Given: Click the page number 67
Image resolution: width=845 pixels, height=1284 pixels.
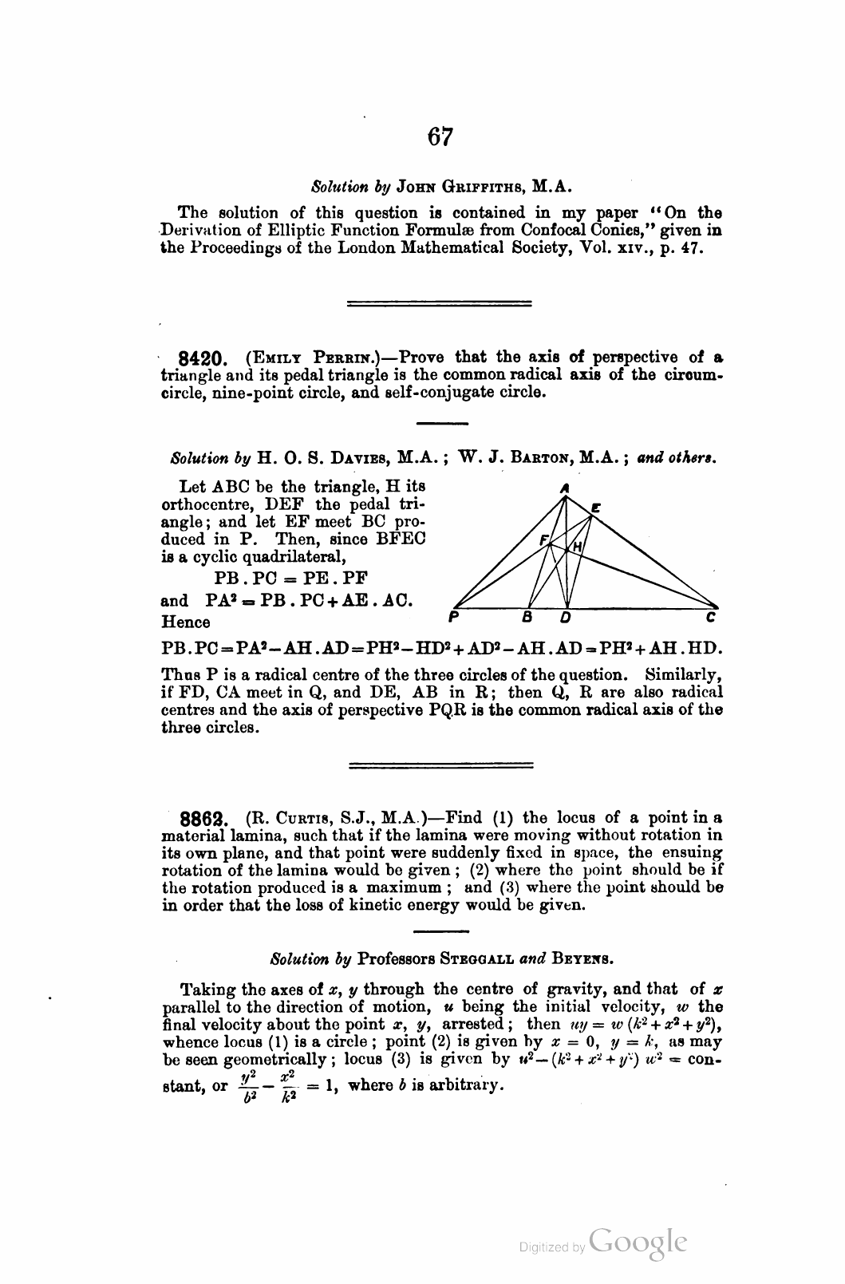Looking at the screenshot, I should (x=440, y=137).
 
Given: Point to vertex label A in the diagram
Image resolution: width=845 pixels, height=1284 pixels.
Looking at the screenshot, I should (x=563, y=487).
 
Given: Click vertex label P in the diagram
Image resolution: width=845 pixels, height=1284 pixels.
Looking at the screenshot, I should (x=452, y=617).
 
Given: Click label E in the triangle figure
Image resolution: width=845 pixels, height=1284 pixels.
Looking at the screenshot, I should (x=595, y=506).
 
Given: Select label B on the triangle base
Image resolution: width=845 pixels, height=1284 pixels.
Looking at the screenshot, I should (x=527, y=617).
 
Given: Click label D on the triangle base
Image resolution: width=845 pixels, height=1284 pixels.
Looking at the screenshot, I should (x=566, y=617).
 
